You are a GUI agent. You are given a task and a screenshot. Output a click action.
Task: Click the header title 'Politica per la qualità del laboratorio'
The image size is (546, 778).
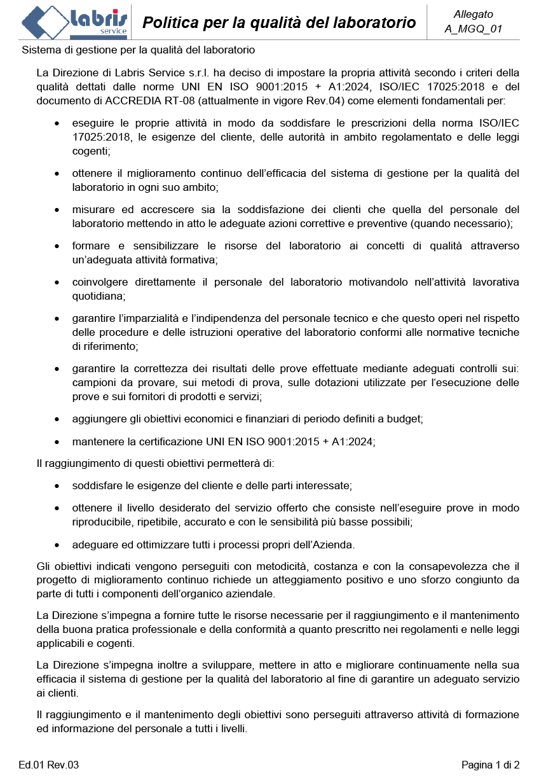[x=279, y=23]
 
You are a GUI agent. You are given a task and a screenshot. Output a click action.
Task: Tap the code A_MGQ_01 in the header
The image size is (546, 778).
[x=474, y=29]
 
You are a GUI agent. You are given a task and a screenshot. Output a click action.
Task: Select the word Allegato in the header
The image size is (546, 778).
[x=474, y=14]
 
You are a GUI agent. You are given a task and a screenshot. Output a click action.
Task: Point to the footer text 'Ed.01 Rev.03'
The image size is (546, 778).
[x=49, y=764]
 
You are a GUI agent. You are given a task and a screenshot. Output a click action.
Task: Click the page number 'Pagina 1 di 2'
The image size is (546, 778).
[x=491, y=764]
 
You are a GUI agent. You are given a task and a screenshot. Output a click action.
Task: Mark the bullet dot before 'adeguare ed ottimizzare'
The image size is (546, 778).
[x=58, y=545]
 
